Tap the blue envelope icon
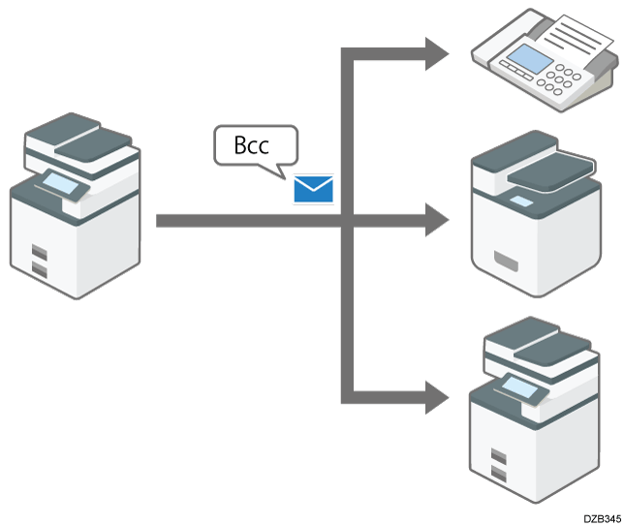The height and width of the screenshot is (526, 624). pyautogui.click(x=313, y=189)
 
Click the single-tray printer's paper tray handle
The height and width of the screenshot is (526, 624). pyautogui.click(x=507, y=259)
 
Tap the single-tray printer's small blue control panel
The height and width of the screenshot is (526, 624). pyautogui.click(x=520, y=200)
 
